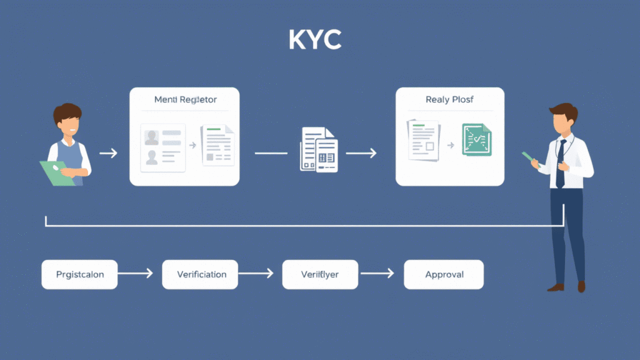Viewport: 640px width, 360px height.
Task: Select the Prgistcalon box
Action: click(x=79, y=274)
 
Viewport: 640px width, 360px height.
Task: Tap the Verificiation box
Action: click(x=200, y=274)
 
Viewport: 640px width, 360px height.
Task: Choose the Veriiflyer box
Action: click(x=321, y=274)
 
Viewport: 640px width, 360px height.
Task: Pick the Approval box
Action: click(x=443, y=274)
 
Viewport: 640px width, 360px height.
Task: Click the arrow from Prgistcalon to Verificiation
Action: click(x=135, y=273)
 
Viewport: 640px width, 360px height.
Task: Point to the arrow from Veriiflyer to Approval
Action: click(x=377, y=273)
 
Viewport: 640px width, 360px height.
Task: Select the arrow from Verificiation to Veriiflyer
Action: click(x=256, y=273)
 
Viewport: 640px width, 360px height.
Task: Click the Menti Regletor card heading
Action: click(x=184, y=99)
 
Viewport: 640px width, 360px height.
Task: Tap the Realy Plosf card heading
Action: click(x=449, y=99)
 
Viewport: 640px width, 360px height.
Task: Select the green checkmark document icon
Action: click(x=476, y=139)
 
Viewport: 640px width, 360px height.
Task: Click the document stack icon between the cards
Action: click(x=319, y=149)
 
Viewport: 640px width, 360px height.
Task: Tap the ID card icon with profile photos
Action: click(x=163, y=146)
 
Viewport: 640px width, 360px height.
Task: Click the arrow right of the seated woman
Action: click(x=109, y=152)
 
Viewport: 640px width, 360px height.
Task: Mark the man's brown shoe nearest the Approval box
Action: click(x=555, y=287)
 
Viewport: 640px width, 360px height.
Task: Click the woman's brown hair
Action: click(x=67, y=113)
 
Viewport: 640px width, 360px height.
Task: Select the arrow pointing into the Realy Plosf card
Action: click(x=361, y=152)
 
